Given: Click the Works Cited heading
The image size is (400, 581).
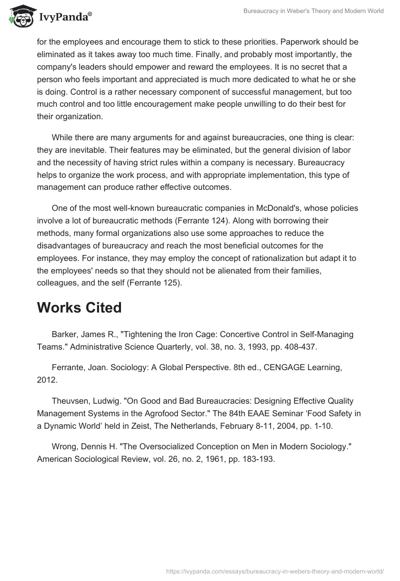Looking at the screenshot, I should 79,308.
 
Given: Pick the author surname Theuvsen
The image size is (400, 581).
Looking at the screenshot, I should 69,401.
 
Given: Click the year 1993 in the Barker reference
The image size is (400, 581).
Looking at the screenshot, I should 225,346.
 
